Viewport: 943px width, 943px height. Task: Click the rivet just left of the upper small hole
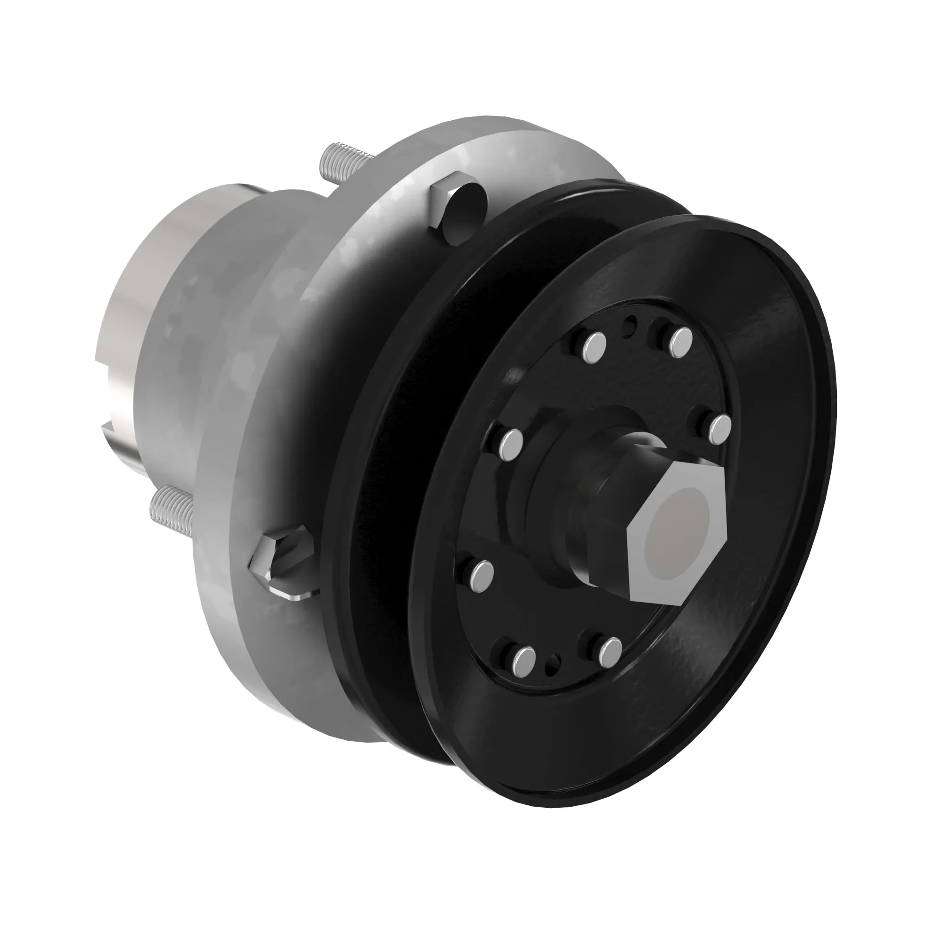(x=595, y=347)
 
